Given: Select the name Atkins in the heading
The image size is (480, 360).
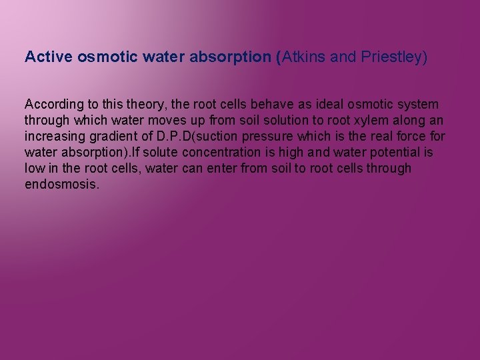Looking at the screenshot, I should (304, 57).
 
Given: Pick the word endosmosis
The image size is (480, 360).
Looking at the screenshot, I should (62, 185).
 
